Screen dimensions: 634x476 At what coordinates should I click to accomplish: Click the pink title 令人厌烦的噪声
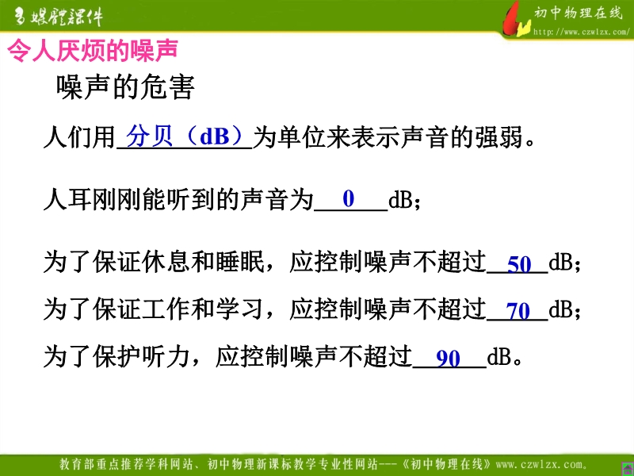pyautogui.click(x=93, y=50)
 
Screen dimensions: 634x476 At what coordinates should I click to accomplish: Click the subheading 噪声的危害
pyautogui.click(x=125, y=86)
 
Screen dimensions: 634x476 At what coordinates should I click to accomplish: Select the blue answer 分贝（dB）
pyautogui.click(x=185, y=136)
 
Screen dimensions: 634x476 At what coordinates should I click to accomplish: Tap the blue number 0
pyautogui.click(x=348, y=198)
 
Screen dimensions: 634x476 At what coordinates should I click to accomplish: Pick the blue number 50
pyautogui.click(x=519, y=264)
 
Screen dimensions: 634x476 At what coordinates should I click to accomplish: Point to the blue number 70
pyautogui.click(x=518, y=311)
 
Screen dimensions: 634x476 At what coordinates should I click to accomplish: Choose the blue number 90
pyautogui.click(x=448, y=359)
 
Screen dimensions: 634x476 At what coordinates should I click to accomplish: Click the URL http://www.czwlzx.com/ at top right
pyautogui.click(x=581, y=32)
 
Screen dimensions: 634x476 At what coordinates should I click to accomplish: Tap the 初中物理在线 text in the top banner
pyautogui.click(x=579, y=13)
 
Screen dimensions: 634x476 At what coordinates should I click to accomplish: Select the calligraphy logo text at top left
pyautogui.click(x=59, y=17)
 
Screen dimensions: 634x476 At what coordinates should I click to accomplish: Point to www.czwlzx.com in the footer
pyautogui.click(x=541, y=464)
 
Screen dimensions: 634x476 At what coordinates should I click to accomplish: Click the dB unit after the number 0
pyautogui.click(x=400, y=199)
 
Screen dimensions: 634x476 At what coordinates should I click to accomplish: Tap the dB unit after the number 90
pyautogui.click(x=499, y=358)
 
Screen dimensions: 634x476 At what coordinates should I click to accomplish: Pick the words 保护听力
pyautogui.click(x=142, y=356)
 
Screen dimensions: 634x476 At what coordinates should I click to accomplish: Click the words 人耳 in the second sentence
pyautogui.click(x=67, y=199)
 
